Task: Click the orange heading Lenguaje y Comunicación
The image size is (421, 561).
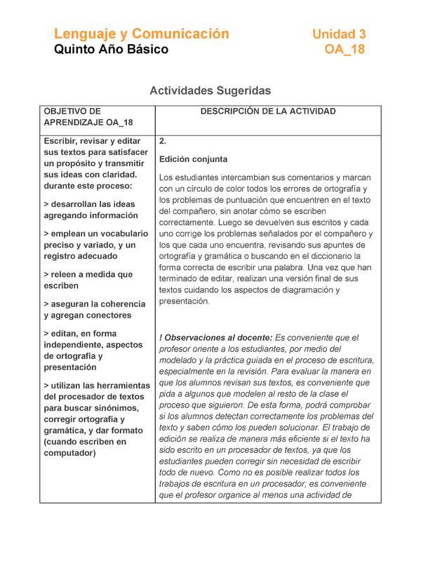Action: click(x=141, y=34)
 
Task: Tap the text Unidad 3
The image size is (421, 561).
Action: click(x=339, y=34)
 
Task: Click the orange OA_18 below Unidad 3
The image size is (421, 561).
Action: click(x=345, y=50)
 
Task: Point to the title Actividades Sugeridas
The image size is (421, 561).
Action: click(x=210, y=90)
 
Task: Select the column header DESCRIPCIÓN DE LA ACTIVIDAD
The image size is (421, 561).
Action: click(x=268, y=111)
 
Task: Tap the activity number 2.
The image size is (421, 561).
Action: click(x=163, y=141)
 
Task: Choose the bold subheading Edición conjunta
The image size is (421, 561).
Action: click(x=193, y=159)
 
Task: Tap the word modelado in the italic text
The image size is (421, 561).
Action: click(x=180, y=360)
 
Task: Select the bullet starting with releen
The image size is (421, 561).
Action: click(x=88, y=280)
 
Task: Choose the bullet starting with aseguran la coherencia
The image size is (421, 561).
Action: click(x=95, y=309)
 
